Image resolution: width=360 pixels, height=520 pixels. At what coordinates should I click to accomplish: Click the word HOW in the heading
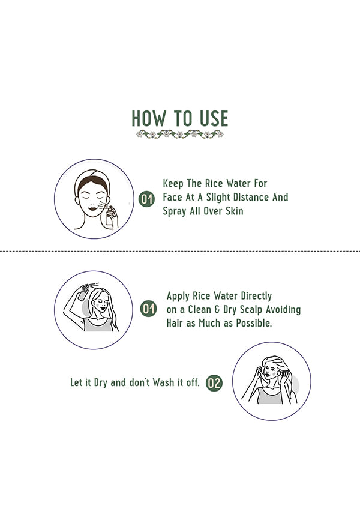(149, 118)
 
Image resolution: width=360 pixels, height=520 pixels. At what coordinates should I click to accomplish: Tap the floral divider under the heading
(180, 134)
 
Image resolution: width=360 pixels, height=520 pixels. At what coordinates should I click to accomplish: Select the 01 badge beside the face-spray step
(146, 199)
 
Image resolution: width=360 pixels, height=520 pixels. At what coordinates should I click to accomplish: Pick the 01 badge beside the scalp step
(148, 309)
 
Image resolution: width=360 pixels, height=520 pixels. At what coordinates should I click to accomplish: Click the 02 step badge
(214, 383)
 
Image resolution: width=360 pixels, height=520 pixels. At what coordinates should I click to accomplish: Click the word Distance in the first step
(251, 197)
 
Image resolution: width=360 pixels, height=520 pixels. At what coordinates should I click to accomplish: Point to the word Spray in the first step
(175, 211)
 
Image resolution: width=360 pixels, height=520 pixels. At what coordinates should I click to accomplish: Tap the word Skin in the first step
(235, 211)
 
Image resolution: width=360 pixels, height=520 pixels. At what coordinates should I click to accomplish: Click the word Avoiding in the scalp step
(283, 309)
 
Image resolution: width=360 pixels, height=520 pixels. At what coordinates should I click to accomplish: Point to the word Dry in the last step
(100, 382)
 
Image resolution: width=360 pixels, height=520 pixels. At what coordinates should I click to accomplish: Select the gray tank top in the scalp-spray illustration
(98, 324)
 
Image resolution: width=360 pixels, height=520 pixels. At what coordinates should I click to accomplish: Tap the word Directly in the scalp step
(256, 296)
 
